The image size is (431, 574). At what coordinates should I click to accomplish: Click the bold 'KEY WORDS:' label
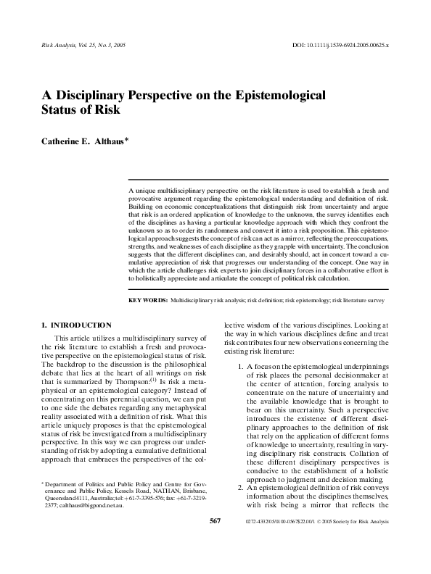click(147, 300)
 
